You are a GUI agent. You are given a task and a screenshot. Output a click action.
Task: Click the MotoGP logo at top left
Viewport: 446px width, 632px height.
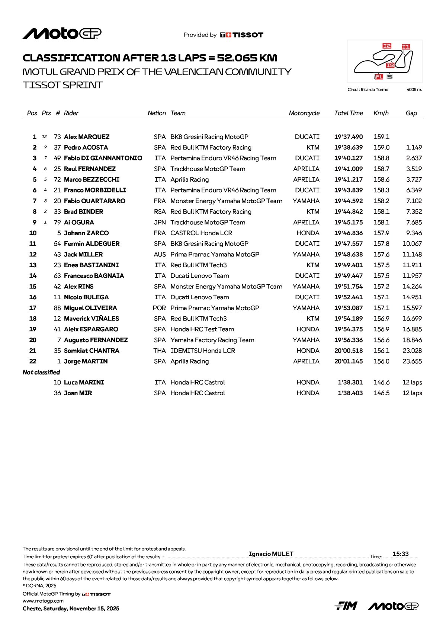click(x=62, y=33)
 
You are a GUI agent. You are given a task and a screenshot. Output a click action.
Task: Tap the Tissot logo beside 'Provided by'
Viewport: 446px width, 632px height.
click(x=242, y=35)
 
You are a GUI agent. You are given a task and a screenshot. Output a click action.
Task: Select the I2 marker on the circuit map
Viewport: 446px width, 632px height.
click(x=387, y=46)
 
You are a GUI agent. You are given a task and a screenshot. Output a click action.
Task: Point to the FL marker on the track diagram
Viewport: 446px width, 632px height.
click(x=379, y=77)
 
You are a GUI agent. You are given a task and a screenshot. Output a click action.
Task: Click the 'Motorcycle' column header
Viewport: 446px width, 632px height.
click(x=304, y=113)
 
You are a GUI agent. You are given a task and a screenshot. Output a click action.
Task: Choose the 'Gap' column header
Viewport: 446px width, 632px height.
click(x=411, y=113)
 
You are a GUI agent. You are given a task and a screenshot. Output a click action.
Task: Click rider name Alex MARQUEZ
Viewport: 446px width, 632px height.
click(x=87, y=137)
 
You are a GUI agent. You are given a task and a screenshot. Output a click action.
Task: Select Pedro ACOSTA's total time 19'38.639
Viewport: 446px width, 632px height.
click(x=348, y=148)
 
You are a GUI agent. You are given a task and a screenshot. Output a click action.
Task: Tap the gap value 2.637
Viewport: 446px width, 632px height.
click(x=414, y=158)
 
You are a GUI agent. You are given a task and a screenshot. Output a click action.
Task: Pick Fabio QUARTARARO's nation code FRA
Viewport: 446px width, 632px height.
click(x=160, y=201)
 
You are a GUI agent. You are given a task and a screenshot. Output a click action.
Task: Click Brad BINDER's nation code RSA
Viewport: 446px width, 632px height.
click(x=160, y=212)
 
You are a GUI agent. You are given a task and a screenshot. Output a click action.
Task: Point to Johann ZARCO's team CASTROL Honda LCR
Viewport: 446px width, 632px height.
click(x=201, y=233)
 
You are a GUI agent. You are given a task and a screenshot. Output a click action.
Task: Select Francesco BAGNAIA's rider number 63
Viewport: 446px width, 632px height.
click(x=57, y=276)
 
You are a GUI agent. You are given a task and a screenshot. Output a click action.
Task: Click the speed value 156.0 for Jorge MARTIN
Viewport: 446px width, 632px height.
click(x=381, y=361)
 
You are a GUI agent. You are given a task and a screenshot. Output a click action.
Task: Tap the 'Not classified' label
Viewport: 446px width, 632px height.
click(x=41, y=372)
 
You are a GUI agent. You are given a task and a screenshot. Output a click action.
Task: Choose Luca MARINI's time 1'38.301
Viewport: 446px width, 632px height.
click(x=350, y=383)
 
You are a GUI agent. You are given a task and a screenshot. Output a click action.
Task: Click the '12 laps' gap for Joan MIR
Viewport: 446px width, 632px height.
click(x=412, y=393)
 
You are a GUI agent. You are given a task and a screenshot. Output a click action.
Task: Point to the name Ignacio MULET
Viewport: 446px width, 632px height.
click(x=271, y=554)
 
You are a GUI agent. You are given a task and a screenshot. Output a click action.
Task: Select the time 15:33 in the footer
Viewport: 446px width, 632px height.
click(x=401, y=554)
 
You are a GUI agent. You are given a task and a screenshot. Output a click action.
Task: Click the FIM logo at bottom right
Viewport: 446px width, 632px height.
click(x=346, y=606)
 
